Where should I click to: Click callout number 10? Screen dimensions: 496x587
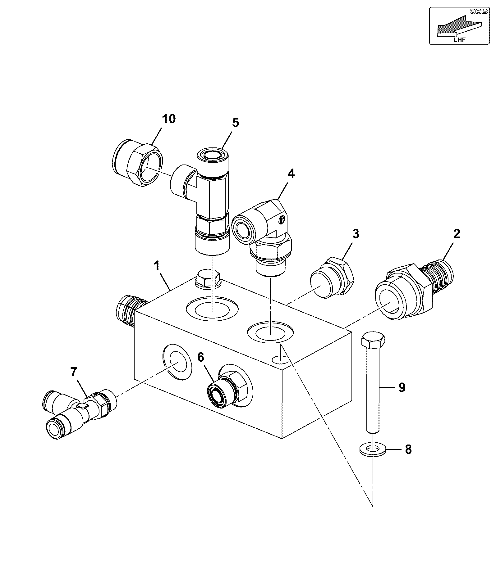pos(169,119)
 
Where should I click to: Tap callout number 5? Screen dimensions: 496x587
pos(236,123)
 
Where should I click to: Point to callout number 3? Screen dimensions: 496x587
pos(356,233)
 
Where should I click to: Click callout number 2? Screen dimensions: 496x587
pos(456,233)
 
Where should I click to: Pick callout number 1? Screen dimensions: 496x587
pos(157,265)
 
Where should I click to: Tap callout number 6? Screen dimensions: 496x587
pos(201,357)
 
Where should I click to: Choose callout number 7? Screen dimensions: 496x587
pos(73,372)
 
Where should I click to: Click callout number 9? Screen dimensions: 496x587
pos(402,387)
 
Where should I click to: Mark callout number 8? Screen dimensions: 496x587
pos(408,449)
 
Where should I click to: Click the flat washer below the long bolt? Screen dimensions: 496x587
pos(373,449)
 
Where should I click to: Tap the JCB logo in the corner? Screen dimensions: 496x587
pos(477,12)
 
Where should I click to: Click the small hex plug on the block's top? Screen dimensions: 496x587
pos(208,278)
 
